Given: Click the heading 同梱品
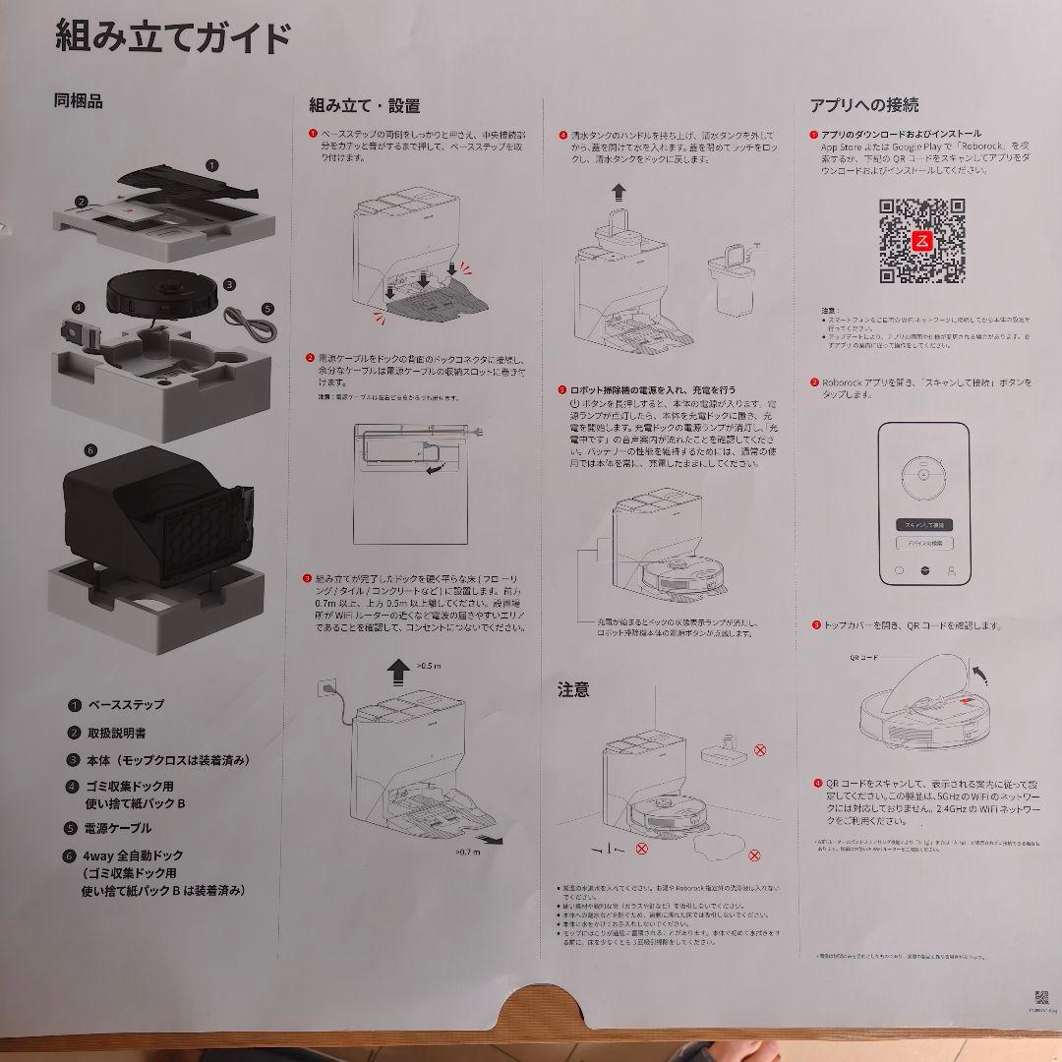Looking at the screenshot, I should click(78, 100).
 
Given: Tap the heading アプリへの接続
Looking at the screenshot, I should click(864, 105).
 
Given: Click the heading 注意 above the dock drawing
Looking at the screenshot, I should click(573, 690).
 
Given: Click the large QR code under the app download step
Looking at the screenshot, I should click(921, 241).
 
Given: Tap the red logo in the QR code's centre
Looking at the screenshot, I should click(921, 242).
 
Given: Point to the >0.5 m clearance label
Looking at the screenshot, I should click(430, 666).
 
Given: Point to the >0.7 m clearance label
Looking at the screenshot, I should click(468, 852).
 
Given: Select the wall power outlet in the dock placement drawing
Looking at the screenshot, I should click(324, 691).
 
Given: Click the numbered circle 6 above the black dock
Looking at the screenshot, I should click(90, 450).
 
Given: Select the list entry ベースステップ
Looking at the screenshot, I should click(126, 705).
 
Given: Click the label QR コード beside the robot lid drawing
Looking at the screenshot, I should click(863, 657).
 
